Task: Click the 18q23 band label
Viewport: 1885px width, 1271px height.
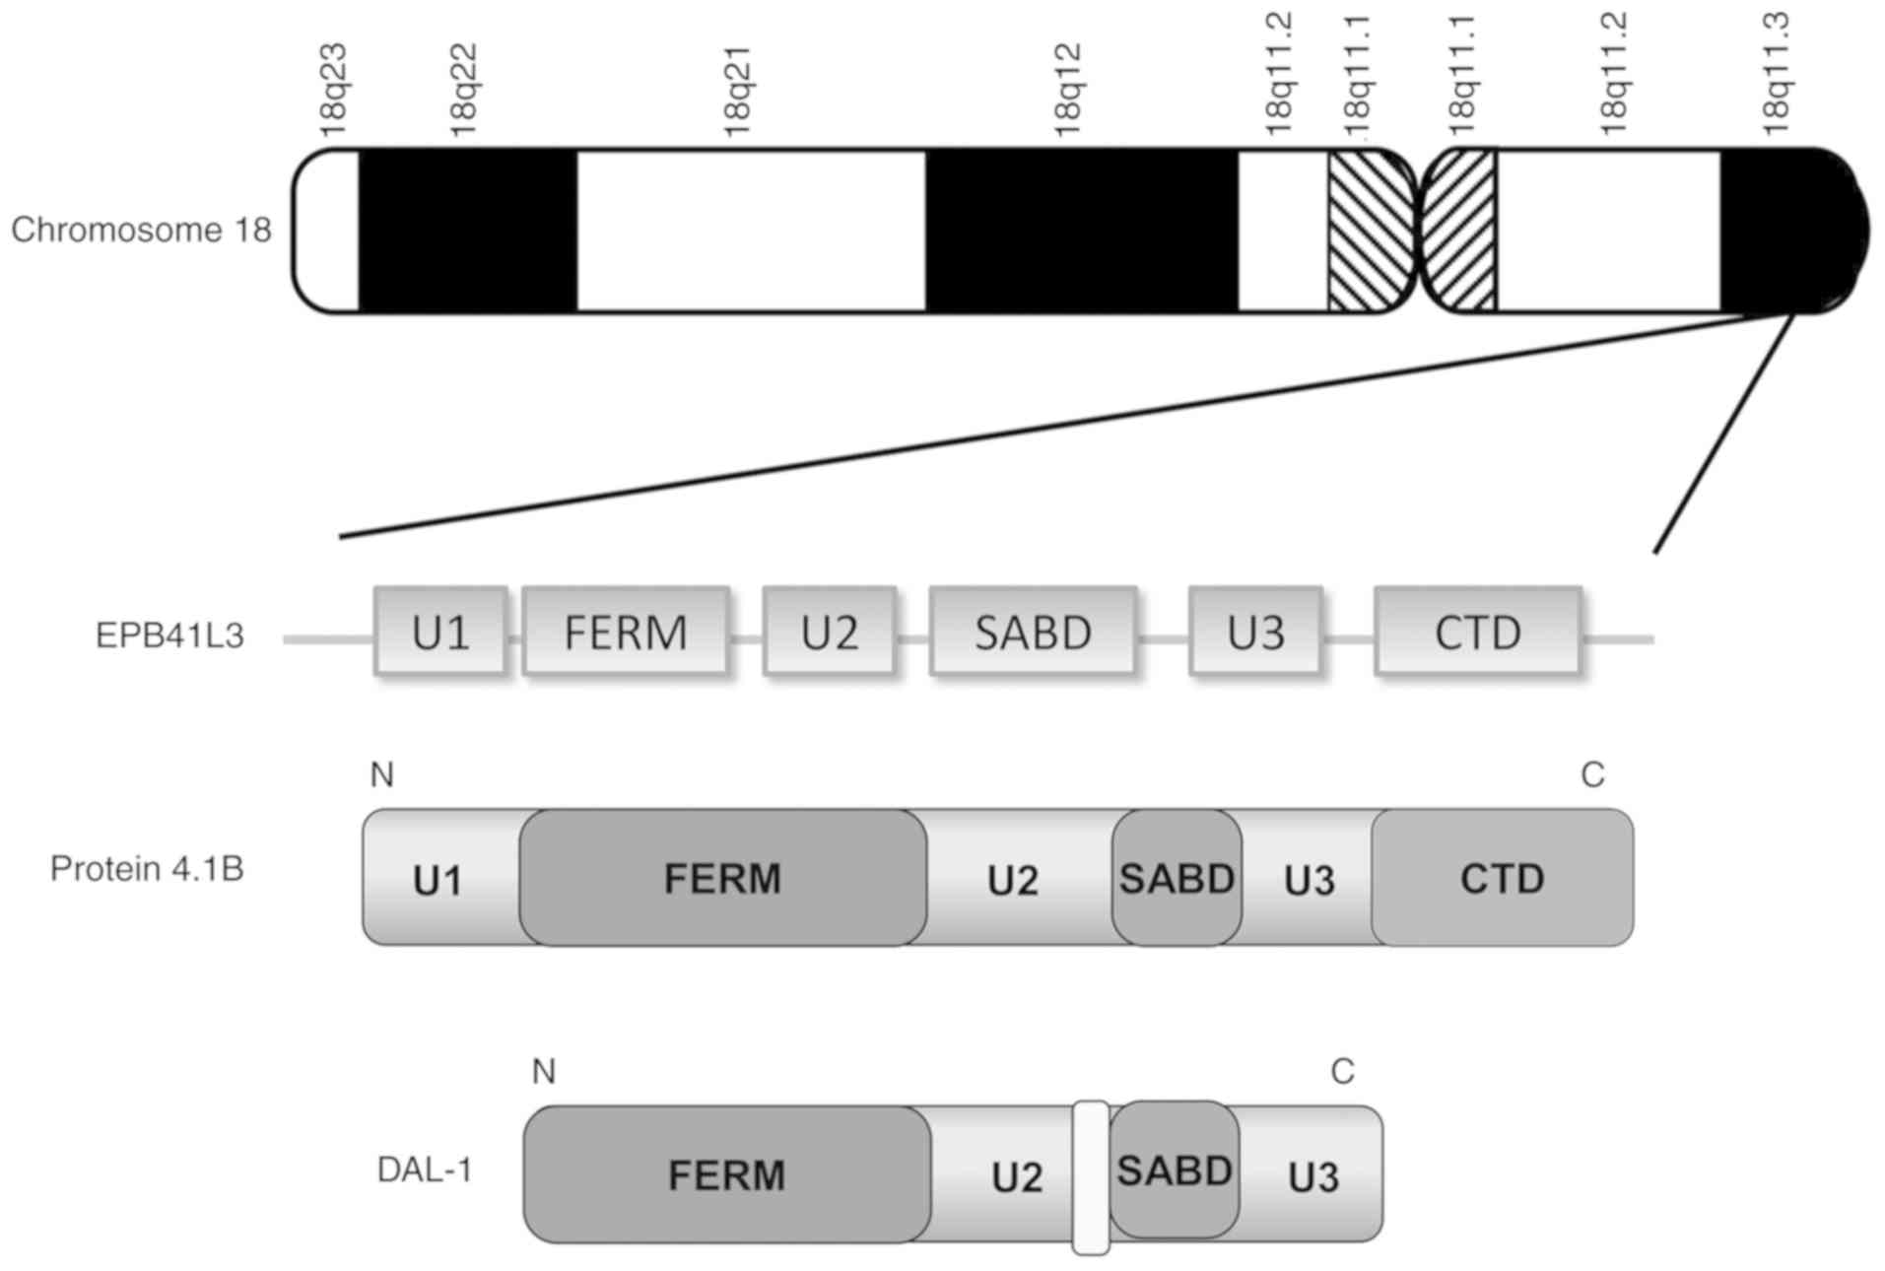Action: coord(334,90)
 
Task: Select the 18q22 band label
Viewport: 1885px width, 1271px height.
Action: coord(462,90)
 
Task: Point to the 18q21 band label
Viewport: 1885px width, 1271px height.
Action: coord(737,90)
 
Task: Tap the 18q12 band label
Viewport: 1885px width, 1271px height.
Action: coord(1067,90)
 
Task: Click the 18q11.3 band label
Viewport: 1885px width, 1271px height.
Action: coord(1775,75)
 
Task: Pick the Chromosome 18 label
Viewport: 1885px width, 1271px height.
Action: coord(141,230)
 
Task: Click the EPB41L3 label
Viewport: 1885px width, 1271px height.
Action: coord(169,635)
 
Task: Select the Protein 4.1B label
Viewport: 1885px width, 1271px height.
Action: coord(147,869)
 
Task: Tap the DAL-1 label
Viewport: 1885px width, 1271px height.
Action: coord(425,1171)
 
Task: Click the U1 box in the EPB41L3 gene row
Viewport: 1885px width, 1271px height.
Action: coord(440,632)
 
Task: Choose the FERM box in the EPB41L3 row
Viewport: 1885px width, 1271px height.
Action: coord(626,632)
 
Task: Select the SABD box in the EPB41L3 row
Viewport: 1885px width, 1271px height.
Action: coord(1033,632)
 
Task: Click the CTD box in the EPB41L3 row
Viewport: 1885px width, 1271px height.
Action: coord(1478,632)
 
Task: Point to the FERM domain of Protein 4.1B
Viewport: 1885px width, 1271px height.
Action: coord(722,878)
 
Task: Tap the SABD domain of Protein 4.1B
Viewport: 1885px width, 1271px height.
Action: coord(1177,878)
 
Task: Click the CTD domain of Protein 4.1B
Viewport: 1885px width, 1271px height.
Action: coord(1502,878)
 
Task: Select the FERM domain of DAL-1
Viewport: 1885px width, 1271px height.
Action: coord(726,1174)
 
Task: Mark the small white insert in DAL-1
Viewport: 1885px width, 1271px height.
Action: coord(1091,1178)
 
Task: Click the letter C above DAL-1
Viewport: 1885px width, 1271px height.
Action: coord(1342,1071)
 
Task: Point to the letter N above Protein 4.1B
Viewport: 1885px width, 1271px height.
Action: coord(382,775)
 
